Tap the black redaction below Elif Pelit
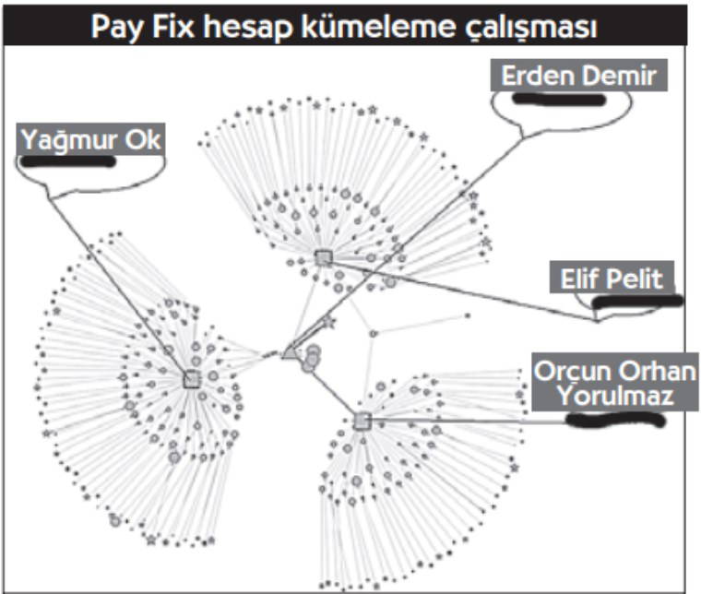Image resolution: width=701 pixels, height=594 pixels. pyautogui.click(x=636, y=300)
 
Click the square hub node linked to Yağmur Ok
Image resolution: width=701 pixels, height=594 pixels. pyautogui.click(x=192, y=379)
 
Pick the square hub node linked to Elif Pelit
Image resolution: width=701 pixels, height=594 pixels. pyautogui.click(x=323, y=257)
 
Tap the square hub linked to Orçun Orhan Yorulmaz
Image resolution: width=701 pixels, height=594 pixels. pyautogui.click(x=362, y=422)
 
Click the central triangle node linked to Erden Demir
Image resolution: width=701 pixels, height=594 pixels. pyautogui.click(x=290, y=351)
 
